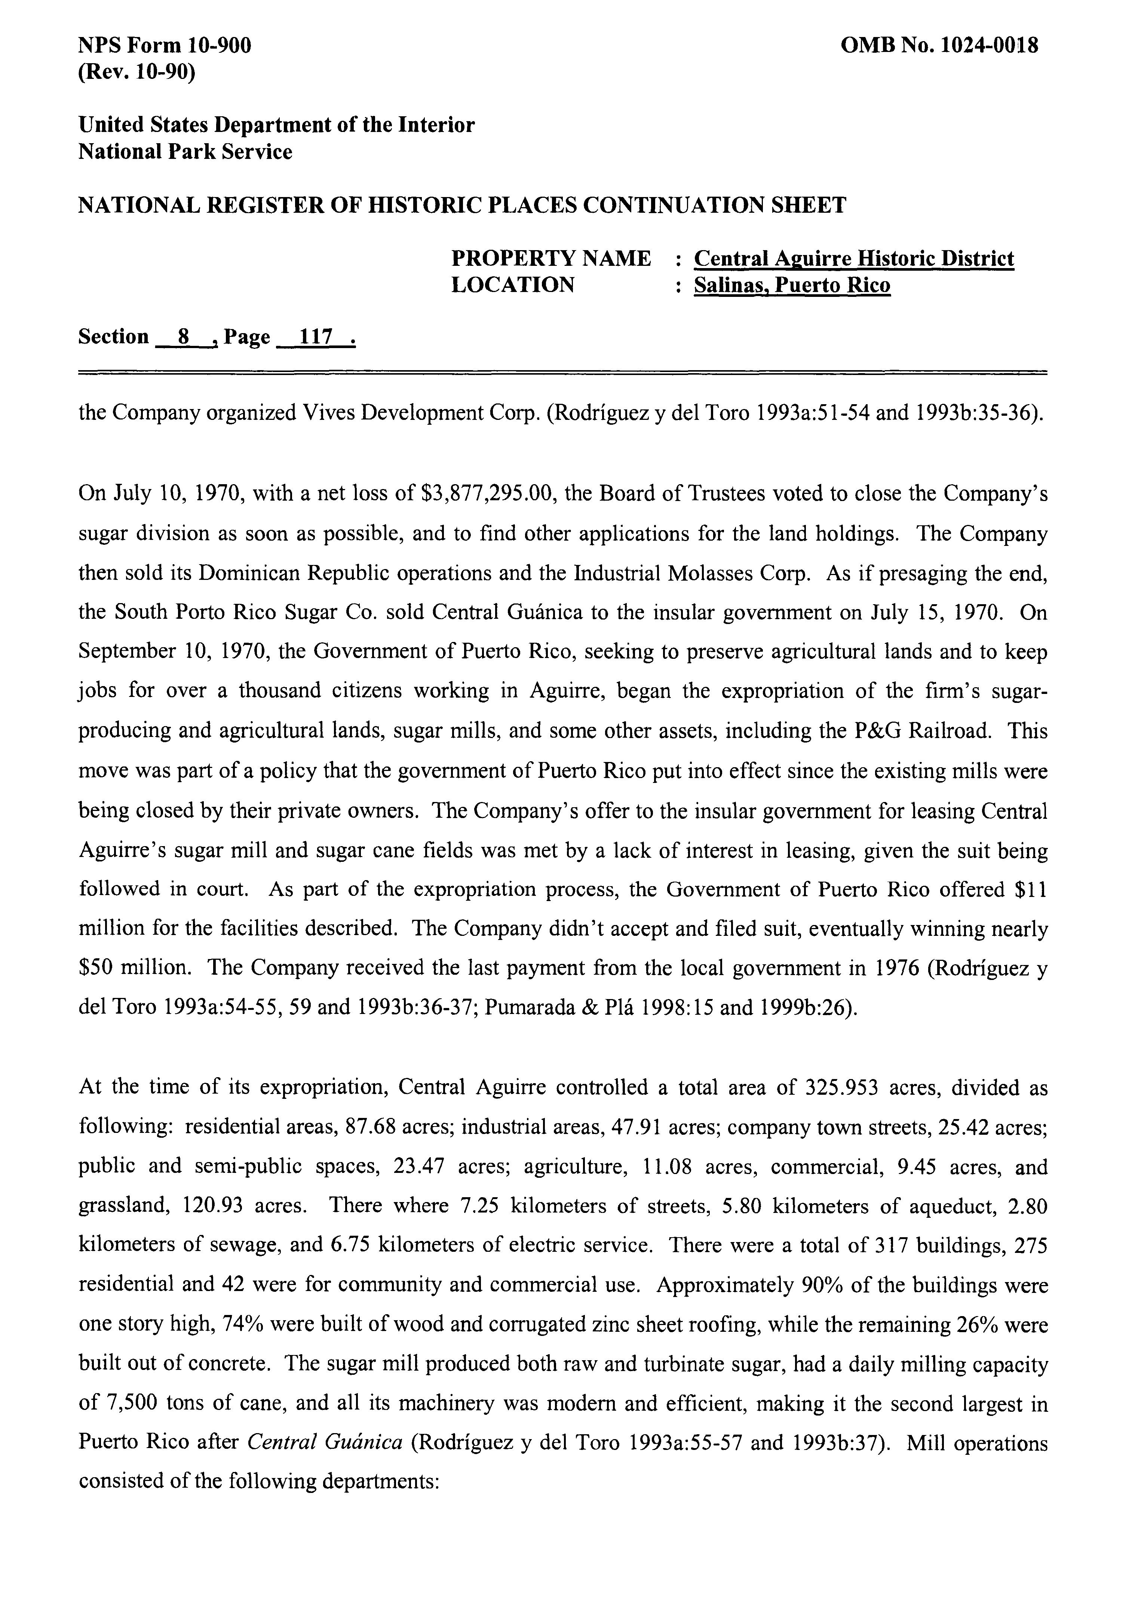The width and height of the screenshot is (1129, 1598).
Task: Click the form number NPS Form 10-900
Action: (x=165, y=46)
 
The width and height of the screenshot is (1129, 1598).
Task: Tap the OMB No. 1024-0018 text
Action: (x=940, y=46)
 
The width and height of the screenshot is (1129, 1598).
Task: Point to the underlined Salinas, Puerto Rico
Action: (x=792, y=285)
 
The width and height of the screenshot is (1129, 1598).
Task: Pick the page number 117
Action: (x=316, y=338)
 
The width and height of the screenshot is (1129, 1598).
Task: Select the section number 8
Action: (x=184, y=338)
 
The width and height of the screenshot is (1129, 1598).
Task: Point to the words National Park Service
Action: (x=185, y=152)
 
